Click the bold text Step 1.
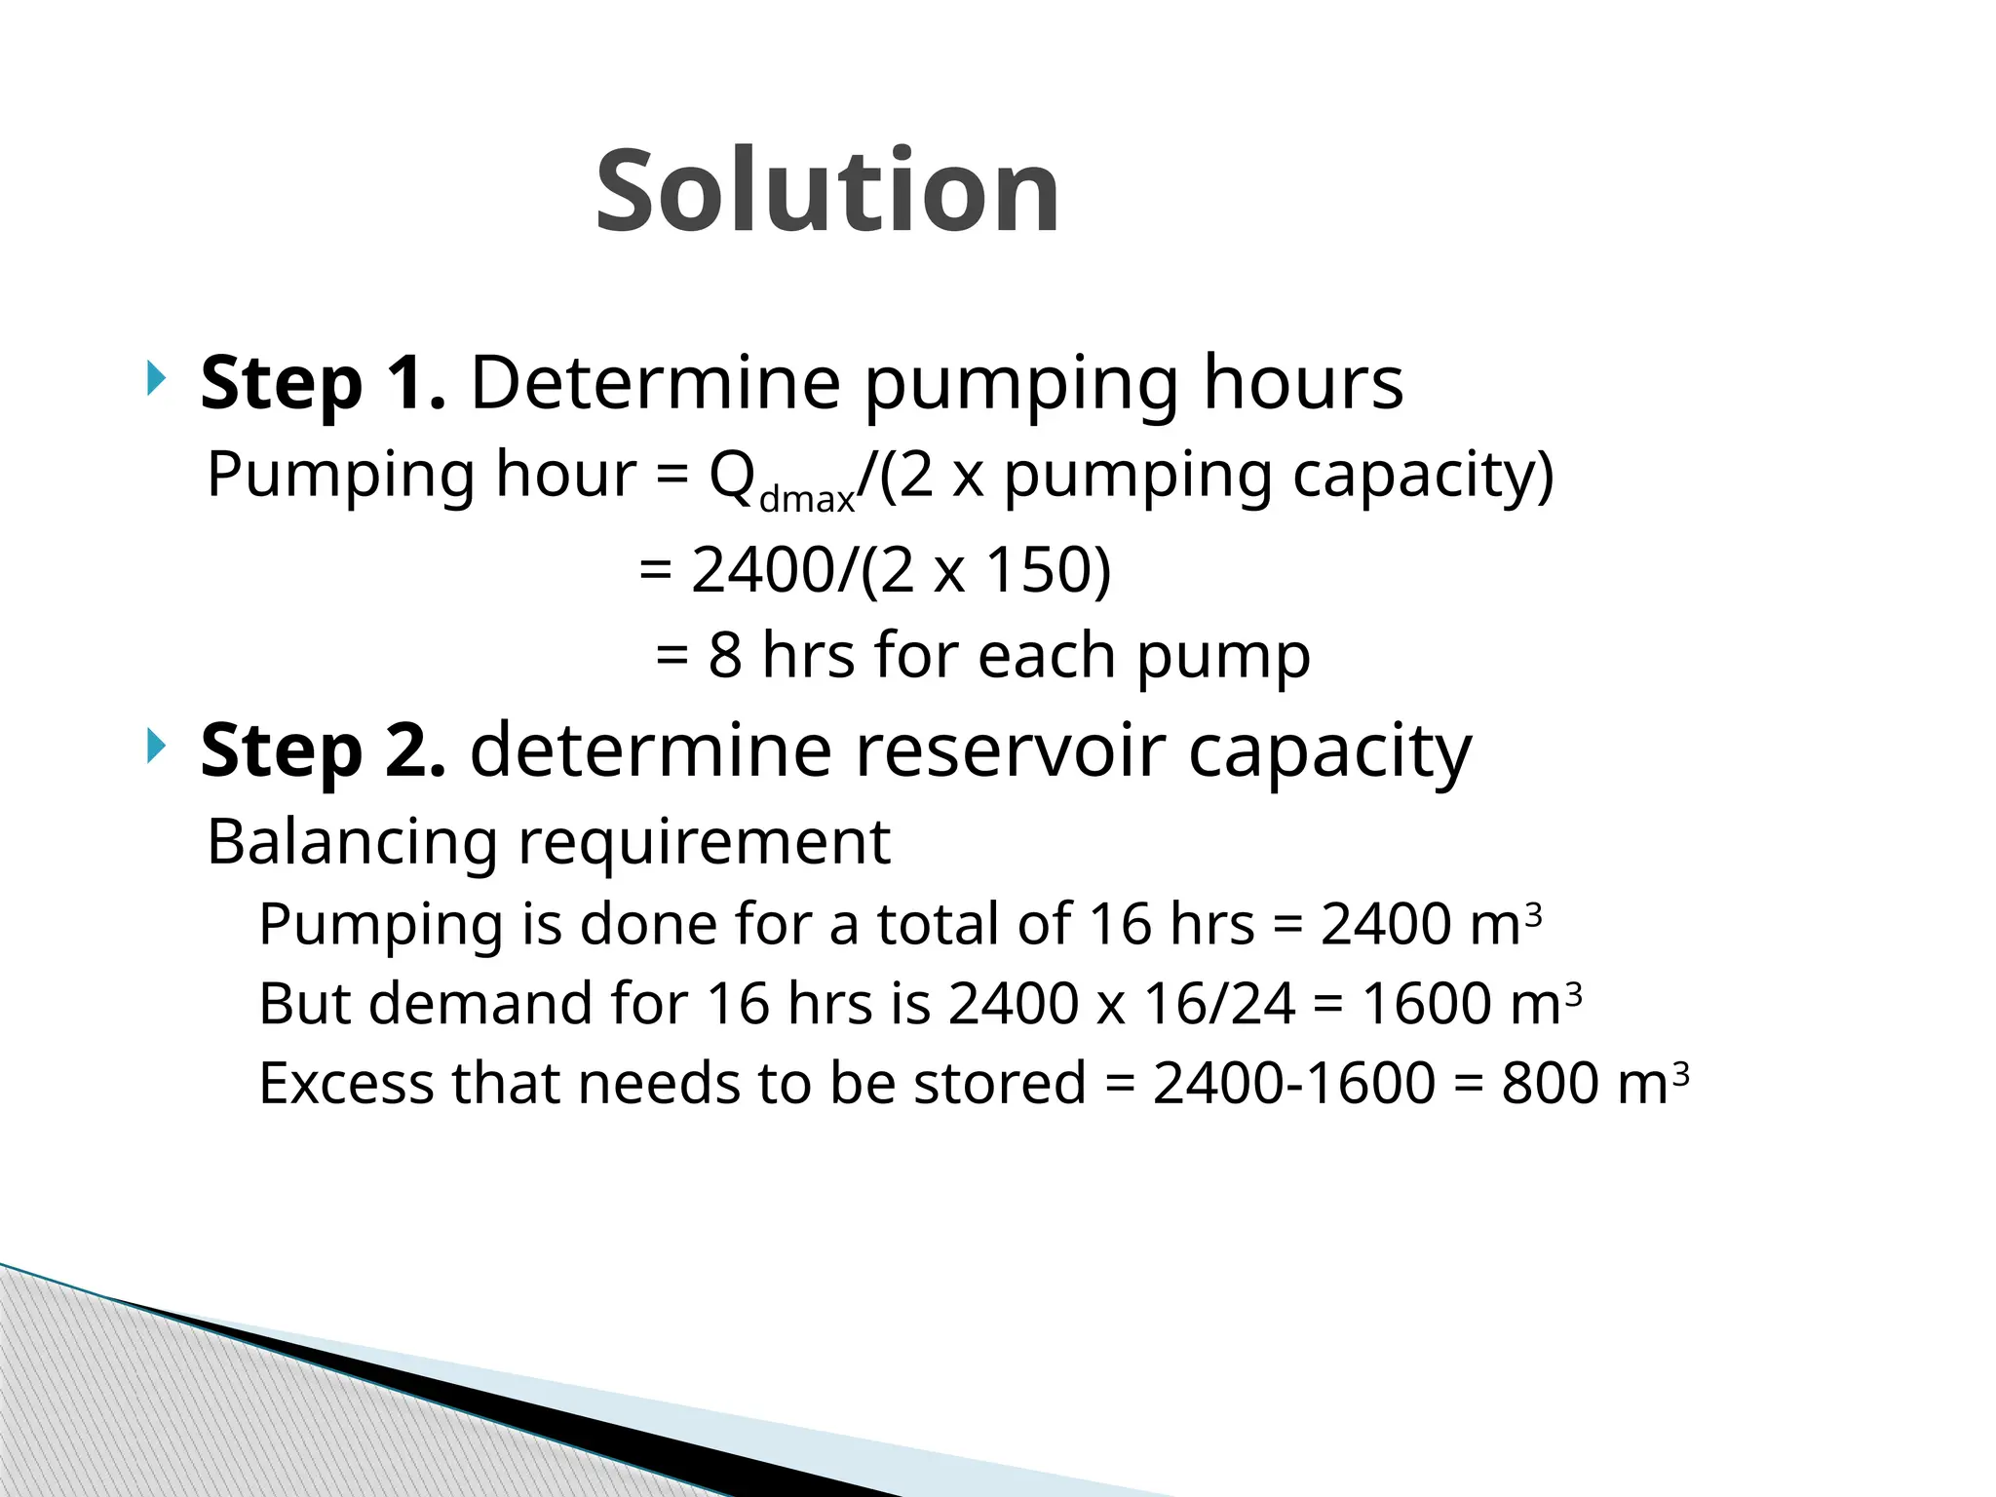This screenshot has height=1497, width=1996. [323, 383]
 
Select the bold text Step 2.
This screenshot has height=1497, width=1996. [323, 750]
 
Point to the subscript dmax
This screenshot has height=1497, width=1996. [806, 500]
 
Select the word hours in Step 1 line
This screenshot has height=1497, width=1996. [1302, 382]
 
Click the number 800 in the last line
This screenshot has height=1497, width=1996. [1548, 1083]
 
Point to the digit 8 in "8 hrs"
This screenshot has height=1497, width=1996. [724, 655]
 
